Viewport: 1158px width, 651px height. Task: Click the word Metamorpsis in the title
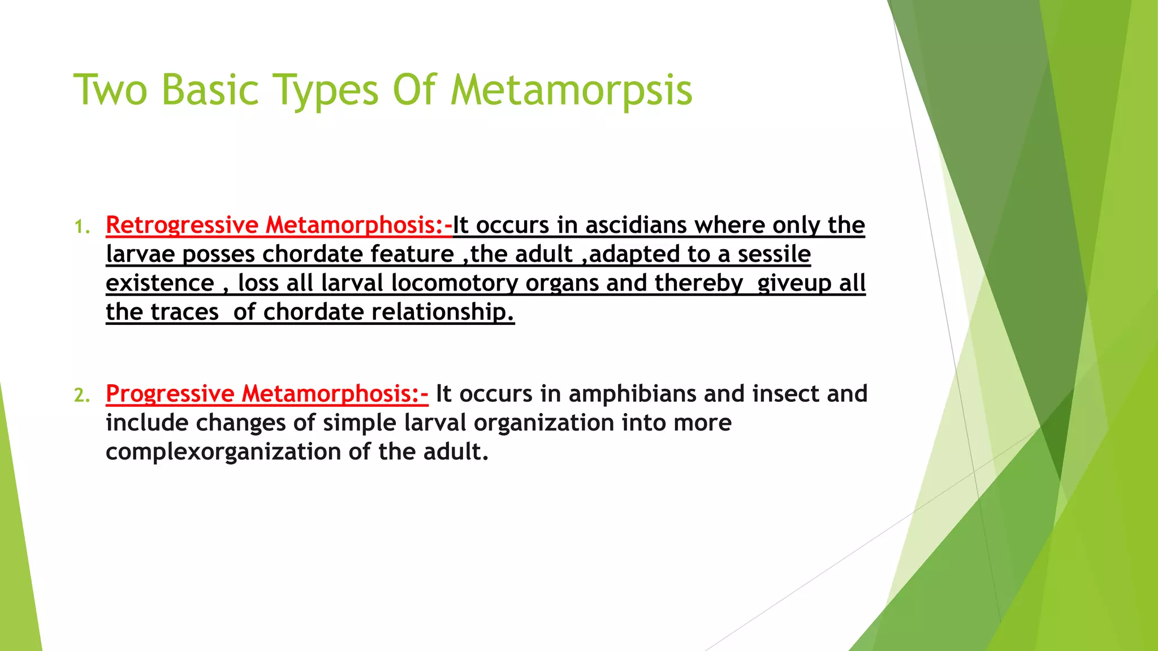pos(571,90)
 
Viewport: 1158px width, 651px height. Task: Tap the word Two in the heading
pos(111,90)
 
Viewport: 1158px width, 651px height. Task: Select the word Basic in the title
pos(210,90)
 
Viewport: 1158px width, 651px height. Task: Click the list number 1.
pos(82,227)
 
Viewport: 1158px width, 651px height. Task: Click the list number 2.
pos(82,396)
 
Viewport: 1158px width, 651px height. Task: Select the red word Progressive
pos(170,394)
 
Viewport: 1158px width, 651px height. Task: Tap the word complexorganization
pos(223,452)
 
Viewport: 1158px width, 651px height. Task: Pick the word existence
pos(160,283)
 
